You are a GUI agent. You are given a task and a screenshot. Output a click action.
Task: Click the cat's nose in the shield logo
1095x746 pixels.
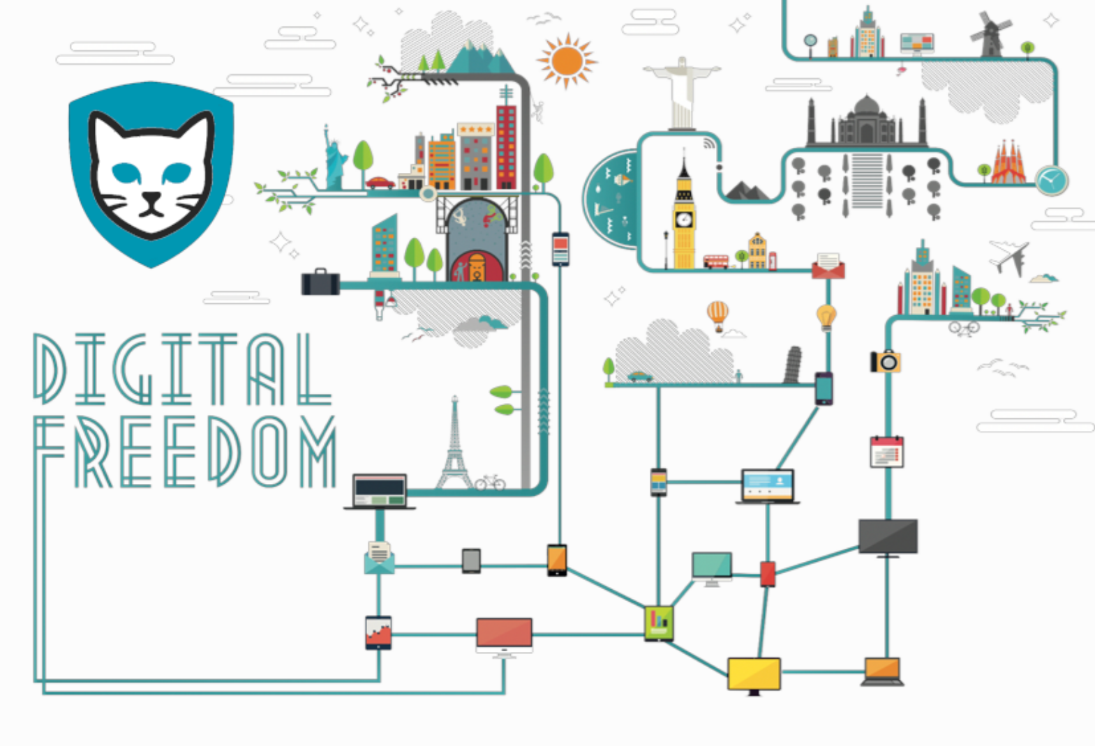[150, 197]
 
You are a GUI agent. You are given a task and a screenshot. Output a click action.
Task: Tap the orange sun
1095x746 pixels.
[567, 61]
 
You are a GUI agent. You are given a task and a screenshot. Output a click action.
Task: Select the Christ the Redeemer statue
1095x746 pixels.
[682, 91]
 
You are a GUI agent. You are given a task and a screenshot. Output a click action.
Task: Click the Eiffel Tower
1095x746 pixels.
[454, 446]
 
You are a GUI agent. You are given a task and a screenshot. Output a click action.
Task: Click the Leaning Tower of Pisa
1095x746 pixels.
[792, 364]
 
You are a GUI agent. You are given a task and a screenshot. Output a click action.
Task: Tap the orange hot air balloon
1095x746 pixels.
[717, 313]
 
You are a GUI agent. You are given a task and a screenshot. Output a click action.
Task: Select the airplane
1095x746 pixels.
[1010, 257]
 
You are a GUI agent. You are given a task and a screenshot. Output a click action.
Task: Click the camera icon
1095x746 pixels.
[886, 361]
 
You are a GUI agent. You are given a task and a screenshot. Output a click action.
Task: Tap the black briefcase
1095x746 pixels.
[320, 282]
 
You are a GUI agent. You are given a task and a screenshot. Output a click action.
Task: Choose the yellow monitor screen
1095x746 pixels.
[754, 673]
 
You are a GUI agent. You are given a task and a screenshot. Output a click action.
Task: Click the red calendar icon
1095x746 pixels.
[887, 451]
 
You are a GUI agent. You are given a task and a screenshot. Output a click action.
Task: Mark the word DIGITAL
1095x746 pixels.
[181, 370]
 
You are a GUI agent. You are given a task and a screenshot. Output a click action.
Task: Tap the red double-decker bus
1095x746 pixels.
[715, 261]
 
